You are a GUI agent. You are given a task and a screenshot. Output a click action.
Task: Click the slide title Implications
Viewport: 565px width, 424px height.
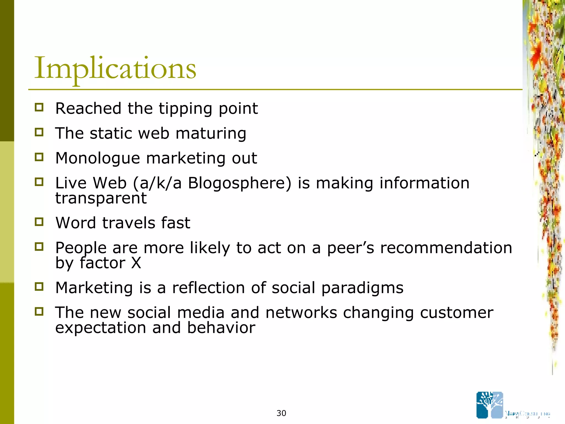pyautogui.click(x=115, y=68)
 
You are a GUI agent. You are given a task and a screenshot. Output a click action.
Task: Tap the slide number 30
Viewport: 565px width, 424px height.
pyautogui.click(x=281, y=413)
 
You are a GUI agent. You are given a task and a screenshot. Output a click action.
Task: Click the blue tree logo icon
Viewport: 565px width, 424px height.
pyautogui.click(x=490, y=405)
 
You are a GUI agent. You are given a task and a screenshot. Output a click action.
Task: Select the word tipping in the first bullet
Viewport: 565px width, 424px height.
pyautogui.click(x=185, y=109)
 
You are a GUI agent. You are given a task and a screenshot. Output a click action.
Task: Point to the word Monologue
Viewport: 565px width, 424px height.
pyautogui.click(x=98, y=158)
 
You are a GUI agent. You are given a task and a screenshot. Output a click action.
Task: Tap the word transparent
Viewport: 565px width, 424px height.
pyautogui.click(x=101, y=198)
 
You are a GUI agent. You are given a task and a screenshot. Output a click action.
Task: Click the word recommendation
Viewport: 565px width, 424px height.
pyautogui.click(x=446, y=248)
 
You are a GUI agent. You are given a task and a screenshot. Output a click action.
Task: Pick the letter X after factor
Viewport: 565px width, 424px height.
pyautogui.click(x=136, y=263)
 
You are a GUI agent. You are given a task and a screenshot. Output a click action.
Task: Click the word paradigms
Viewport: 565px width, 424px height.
pyautogui.click(x=362, y=288)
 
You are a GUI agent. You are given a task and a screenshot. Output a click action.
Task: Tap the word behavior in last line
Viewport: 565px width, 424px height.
pyautogui.click(x=221, y=328)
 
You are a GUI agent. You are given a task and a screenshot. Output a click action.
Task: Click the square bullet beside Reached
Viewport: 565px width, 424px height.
pyautogui.click(x=39, y=107)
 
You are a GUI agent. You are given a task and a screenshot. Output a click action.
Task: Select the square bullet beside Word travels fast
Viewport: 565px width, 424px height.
pyautogui.click(x=39, y=222)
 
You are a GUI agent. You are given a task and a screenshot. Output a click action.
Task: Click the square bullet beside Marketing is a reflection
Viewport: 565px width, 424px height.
pyautogui.click(x=39, y=287)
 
